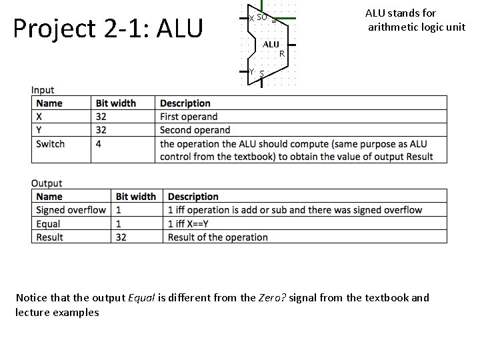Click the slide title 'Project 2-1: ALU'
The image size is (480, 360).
pyautogui.click(x=107, y=28)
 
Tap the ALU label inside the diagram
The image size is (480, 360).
pyautogui.click(x=271, y=44)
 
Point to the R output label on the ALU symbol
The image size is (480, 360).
pyautogui.click(x=282, y=53)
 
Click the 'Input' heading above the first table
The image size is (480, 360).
pyautogui.click(x=43, y=90)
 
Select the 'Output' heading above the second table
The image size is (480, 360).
pyautogui.click(x=47, y=183)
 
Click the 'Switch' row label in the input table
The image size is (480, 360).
pyautogui.click(x=51, y=143)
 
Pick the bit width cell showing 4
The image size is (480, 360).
pyautogui.click(x=99, y=143)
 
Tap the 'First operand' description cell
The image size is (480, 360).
pyautogui.click(x=189, y=117)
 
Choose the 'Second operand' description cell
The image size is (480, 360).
pyautogui.click(x=195, y=130)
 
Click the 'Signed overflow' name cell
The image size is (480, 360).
pyautogui.click(x=71, y=210)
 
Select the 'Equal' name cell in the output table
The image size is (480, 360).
pyautogui.click(x=48, y=223)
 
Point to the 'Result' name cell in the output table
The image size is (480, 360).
pyautogui.click(x=49, y=237)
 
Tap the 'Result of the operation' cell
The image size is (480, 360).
pyautogui.click(x=217, y=237)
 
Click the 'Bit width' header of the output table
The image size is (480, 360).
pyautogui.click(x=136, y=197)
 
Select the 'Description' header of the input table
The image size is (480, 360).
pyautogui.click(x=185, y=103)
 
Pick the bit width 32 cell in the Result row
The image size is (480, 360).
pyautogui.click(x=121, y=237)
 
